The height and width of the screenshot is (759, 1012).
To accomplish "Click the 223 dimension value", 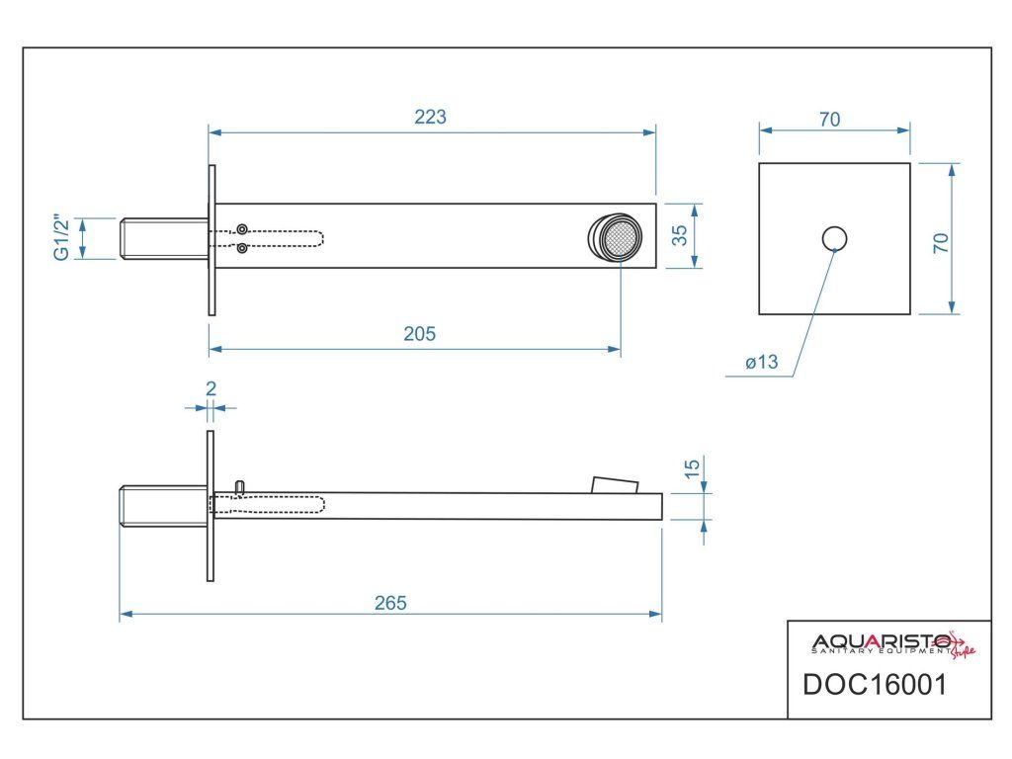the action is pyautogui.click(x=430, y=117).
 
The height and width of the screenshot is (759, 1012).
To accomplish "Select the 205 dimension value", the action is pyautogui.click(x=419, y=334).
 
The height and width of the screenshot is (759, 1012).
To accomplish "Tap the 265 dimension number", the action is pyautogui.click(x=390, y=602).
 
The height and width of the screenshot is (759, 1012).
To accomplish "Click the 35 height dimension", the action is pyautogui.click(x=679, y=235).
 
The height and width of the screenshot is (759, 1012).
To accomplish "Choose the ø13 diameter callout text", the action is pyautogui.click(x=762, y=363).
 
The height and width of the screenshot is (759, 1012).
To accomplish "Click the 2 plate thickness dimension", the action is pyautogui.click(x=211, y=388).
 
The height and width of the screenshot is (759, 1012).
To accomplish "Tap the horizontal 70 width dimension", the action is pyautogui.click(x=830, y=120).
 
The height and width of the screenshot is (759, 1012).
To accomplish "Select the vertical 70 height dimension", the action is pyautogui.click(x=941, y=242).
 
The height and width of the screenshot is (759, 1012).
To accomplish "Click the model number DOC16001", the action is pyautogui.click(x=875, y=684).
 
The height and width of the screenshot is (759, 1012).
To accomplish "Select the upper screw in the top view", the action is pyautogui.click(x=242, y=229).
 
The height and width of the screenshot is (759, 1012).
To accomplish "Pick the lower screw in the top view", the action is pyautogui.click(x=242, y=248).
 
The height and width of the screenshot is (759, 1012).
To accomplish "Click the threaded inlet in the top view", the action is pyautogui.click(x=163, y=238).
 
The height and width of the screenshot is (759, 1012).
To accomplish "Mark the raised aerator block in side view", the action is pyautogui.click(x=615, y=483).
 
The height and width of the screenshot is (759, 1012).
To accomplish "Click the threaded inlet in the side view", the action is pyautogui.click(x=163, y=505).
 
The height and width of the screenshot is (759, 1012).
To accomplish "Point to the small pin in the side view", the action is pyautogui.click(x=240, y=485).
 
